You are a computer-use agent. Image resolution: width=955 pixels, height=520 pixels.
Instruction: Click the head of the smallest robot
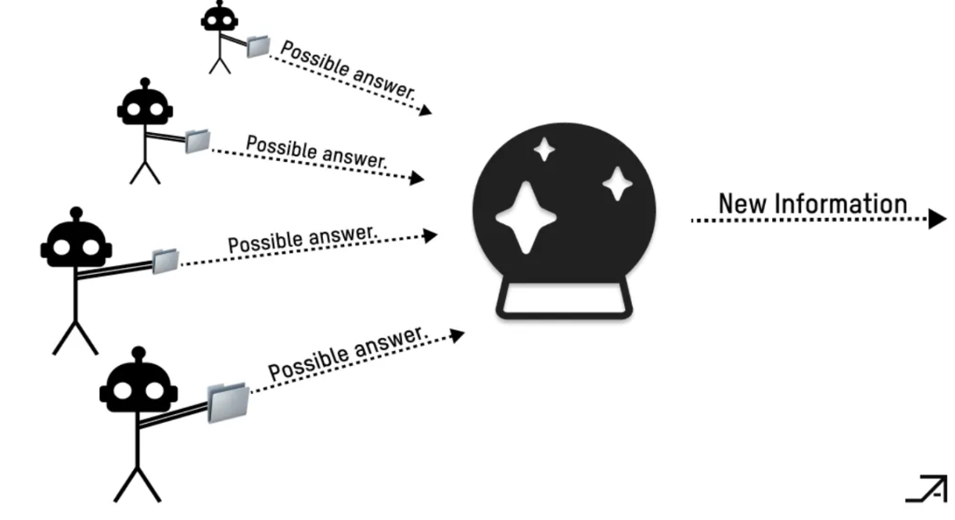pos(219,19)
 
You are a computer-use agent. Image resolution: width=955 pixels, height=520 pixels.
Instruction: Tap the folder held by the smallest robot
pos(257,46)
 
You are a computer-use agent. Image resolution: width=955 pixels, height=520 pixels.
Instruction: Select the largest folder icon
pos(228,402)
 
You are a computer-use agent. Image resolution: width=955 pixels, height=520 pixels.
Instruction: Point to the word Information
pos(841,204)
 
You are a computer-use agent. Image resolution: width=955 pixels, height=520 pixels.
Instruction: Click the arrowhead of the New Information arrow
pos(938,220)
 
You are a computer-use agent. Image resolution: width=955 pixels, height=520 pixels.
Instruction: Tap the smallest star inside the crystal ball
pos(544,149)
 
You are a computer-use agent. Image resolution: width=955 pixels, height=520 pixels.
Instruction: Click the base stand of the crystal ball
pos(564,300)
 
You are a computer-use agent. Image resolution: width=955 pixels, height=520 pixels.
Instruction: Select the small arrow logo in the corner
pos(928,488)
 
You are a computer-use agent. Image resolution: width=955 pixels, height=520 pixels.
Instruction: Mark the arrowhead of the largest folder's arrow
pos(457,335)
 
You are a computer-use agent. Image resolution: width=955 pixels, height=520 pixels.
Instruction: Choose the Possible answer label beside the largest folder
pos(348,353)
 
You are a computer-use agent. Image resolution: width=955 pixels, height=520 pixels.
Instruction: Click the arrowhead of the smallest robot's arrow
pos(425,111)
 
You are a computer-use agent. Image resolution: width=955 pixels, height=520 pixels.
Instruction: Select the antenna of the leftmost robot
pos(76,213)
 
